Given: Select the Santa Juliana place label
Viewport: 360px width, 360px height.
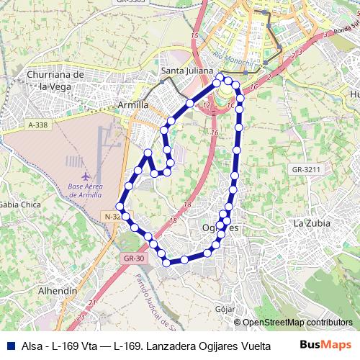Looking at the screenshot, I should coord(187,71).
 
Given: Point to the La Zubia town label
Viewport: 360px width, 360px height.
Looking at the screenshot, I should coord(312,223).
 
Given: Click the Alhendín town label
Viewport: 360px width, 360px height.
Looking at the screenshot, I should coord(57,290).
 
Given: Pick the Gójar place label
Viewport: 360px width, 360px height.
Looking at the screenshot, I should coord(225,309).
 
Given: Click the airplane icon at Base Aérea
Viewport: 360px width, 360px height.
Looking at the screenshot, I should coord(86,176).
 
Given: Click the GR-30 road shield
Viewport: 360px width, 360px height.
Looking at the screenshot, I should coord(134,258).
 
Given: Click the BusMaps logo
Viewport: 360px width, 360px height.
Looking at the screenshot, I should coord(325,345).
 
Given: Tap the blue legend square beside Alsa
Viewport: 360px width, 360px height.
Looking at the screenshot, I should coord(8,345).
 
